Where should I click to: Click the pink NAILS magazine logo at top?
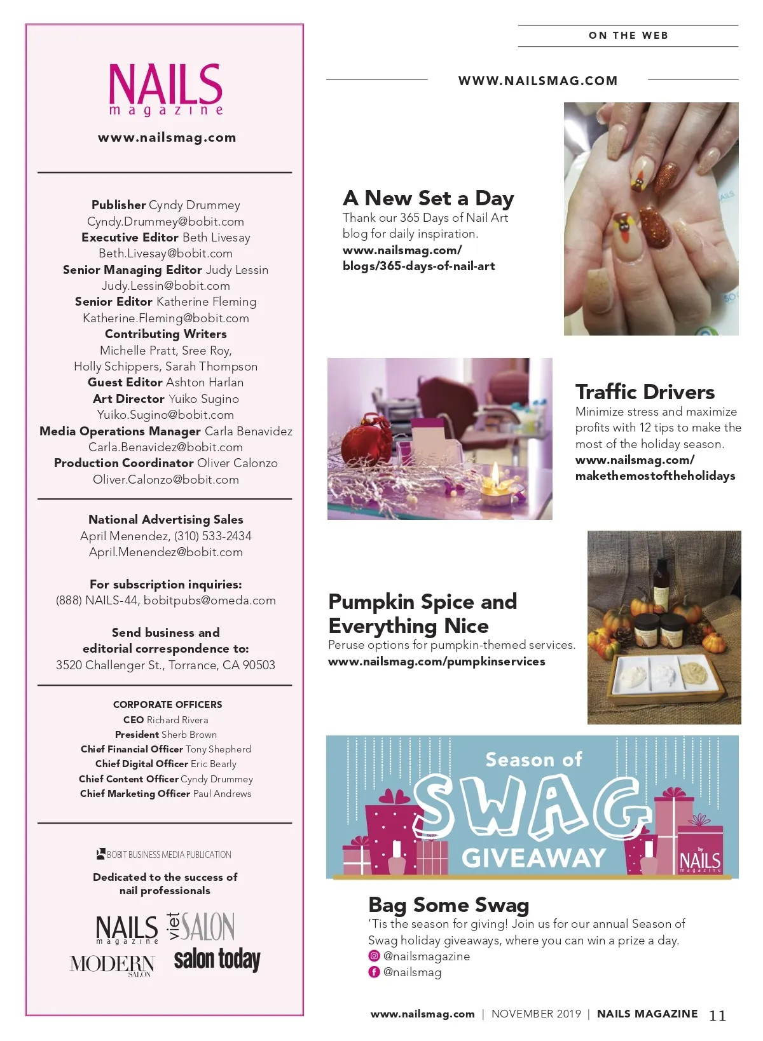click(165, 89)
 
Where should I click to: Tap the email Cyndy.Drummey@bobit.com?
click(165, 222)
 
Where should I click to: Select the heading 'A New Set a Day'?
click(428, 198)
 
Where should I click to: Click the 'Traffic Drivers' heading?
click(645, 391)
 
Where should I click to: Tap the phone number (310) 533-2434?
click(212, 536)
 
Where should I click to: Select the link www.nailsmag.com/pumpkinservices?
click(436, 662)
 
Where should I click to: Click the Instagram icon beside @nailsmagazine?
click(374, 956)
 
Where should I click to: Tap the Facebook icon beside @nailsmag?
click(374, 972)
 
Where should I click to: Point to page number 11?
click(717, 1016)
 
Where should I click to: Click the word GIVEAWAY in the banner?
click(533, 858)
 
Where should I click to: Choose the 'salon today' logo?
click(217, 959)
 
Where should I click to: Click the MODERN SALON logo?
click(112, 965)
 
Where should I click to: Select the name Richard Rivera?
click(177, 720)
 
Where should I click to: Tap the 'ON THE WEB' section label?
click(628, 36)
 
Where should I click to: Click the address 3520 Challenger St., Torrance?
click(165, 665)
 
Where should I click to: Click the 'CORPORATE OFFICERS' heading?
click(167, 705)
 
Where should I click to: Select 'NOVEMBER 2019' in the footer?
click(536, 1014)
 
